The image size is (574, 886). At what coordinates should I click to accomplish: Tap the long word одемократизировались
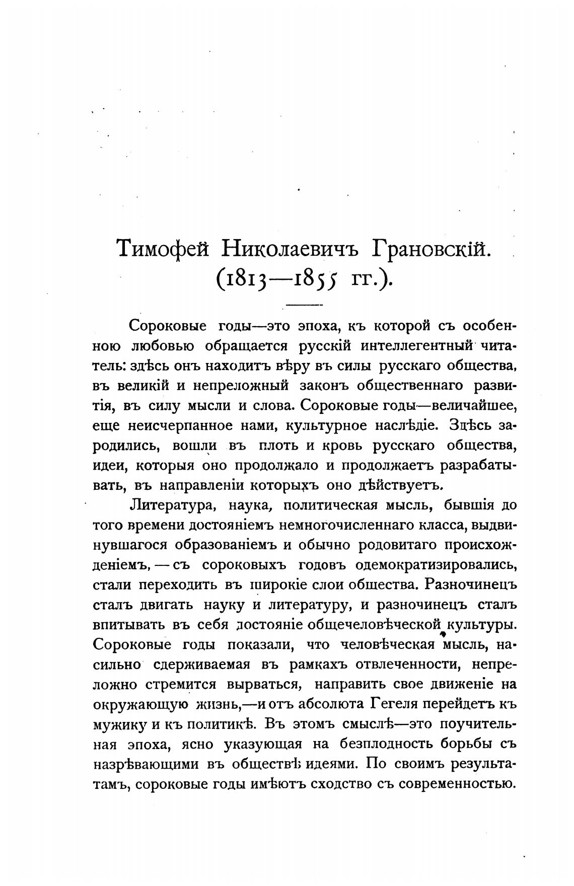436,565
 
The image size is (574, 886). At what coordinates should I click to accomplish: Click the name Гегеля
399,704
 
